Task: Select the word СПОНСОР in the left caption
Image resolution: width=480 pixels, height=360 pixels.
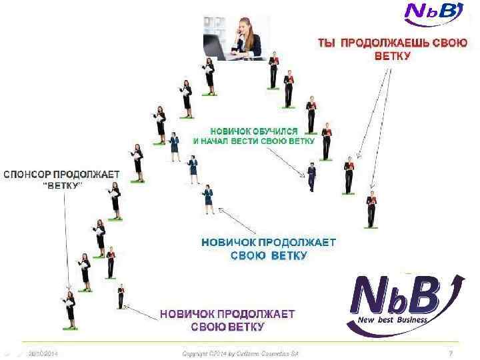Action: click(x=33, y=174)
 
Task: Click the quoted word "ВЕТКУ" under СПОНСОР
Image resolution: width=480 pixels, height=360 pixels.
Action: click(x=62, y=185)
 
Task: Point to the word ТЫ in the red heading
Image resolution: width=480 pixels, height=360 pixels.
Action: click(x=326, y=43)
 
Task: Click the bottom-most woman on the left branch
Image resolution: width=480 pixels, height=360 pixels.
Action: click(x=69, y=309)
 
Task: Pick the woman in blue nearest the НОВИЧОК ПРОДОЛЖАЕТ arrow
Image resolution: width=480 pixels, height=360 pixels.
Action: click(x=208, y=198)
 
